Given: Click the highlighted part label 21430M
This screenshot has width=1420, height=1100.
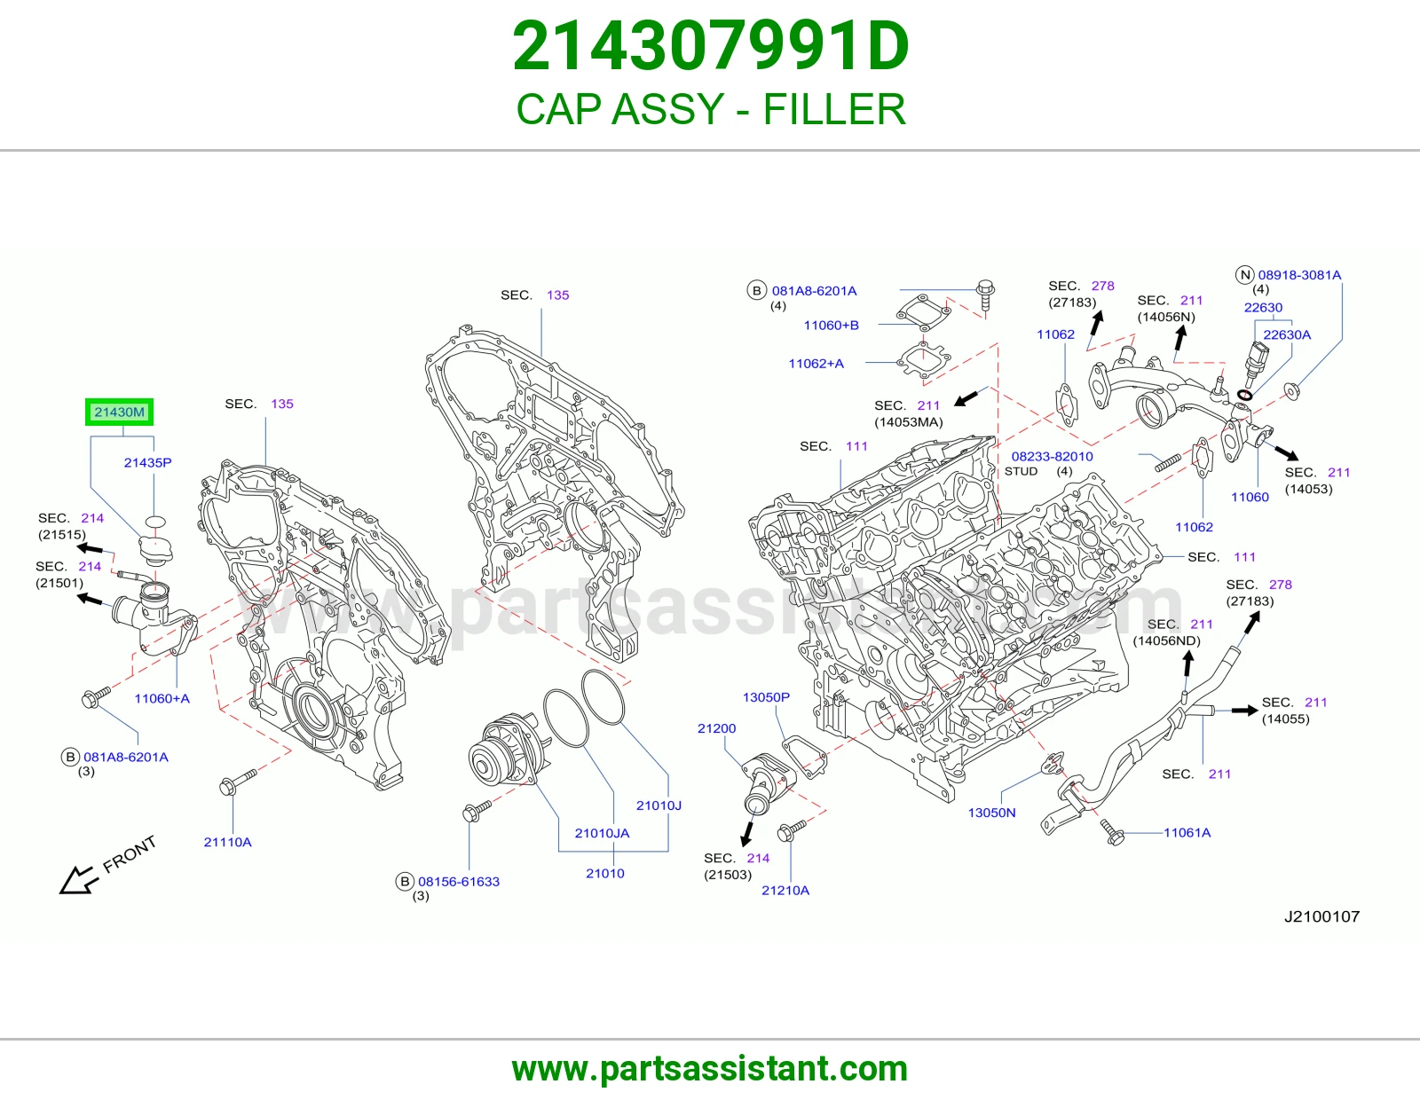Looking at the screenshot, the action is click(x=119, y=412).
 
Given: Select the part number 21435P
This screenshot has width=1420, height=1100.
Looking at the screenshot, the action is click(x=147, y=462).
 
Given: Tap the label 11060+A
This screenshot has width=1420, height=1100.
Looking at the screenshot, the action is click(x=162, y=698).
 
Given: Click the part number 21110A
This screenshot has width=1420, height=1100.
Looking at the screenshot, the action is click(x=227, y=842).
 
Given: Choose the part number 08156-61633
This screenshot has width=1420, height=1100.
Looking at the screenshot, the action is click(x=459, y=881).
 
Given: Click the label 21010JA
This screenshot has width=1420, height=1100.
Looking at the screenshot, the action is click(x=602, y=833).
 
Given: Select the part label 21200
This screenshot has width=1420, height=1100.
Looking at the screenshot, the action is click(x=716, y=728).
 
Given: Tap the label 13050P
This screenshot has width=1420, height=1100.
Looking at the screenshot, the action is click(x=766, y=697).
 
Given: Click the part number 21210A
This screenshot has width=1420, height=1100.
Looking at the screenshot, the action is click(x=785, y=891).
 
